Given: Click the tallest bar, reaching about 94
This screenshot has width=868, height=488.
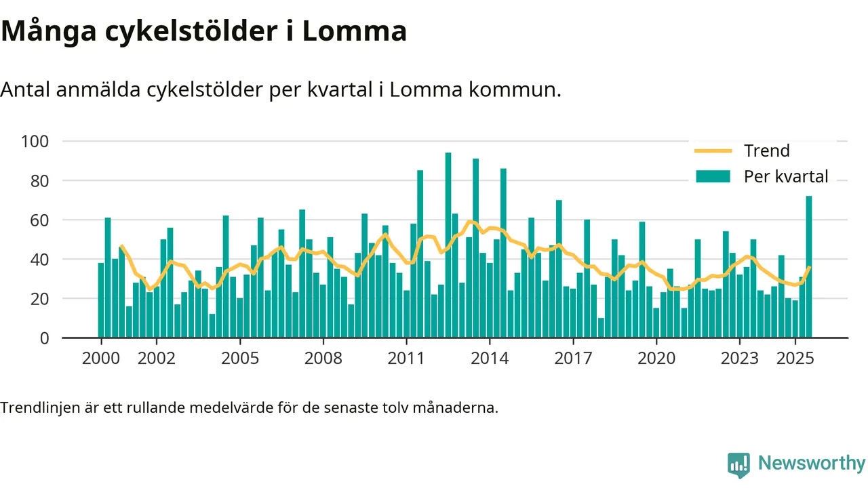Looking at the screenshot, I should click(x=448, y=245).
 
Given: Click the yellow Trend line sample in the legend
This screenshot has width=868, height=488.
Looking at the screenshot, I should click(x=713, y=150).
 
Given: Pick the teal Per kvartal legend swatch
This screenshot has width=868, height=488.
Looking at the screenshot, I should click(x=713, y=177).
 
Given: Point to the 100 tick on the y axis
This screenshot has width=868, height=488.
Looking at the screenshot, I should click(x=36, y=142).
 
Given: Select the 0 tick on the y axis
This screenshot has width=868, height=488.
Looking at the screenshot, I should click(x=45, y=338).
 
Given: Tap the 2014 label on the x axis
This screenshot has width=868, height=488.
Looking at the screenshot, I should click(x=490, y=358).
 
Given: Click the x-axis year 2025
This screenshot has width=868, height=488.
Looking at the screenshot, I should click(x=795, y=358).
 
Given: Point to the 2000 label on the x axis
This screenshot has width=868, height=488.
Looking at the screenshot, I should click(x=100, y=358).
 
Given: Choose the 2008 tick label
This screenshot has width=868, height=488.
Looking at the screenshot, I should click(x=323, y=358).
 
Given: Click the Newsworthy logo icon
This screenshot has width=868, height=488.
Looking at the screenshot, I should click(x=738, y=465).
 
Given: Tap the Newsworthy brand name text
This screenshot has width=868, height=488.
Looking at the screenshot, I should click(x=812, y=464).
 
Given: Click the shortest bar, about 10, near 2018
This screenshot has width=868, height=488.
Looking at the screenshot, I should click(x=601, y=328).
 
